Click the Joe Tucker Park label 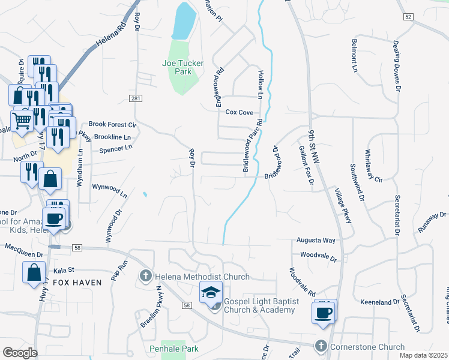(x=183, y=67)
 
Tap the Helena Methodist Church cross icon (x=145, y=277)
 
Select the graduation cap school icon (x=210, y=293)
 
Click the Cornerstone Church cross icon (x=321, y=346)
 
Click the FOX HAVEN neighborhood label (x=74, y=281)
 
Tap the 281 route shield (x=136, y=98)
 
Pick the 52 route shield (x=408, y=17)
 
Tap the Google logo (x=20, y=353)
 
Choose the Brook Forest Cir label (x=113, y=124)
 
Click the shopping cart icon (x=22, y=121)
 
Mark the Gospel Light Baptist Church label (x=259, y=305)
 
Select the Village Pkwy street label (x=343, y=207)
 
